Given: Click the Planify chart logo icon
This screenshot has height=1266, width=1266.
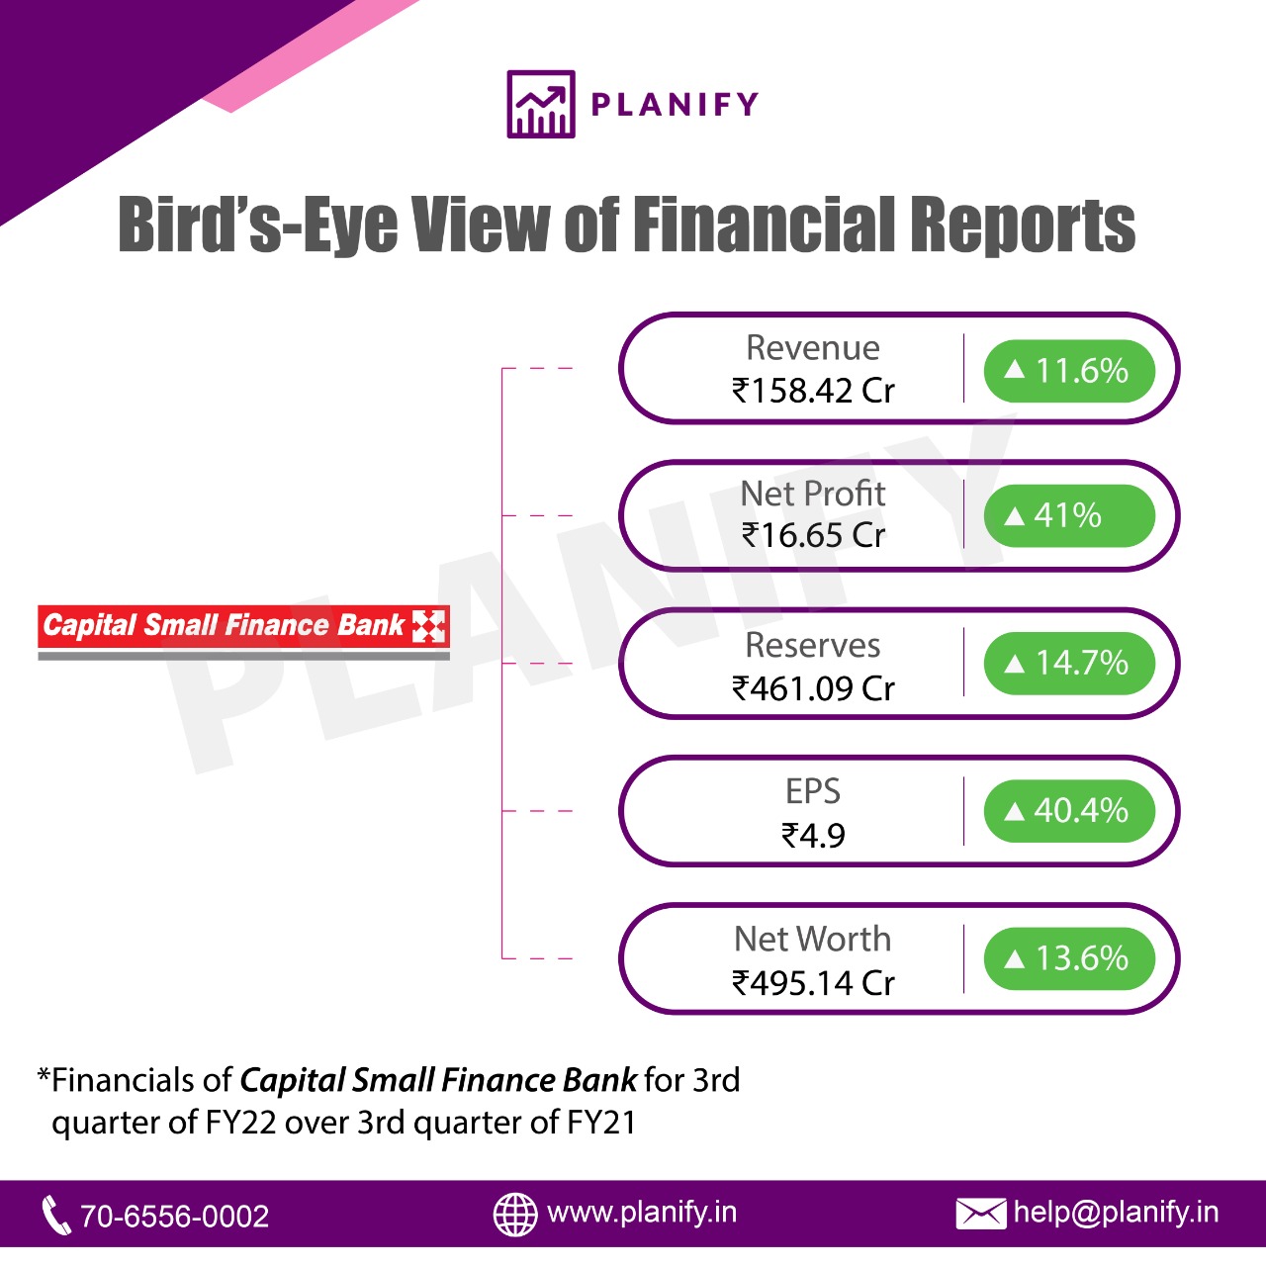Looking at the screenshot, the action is coord(541,104).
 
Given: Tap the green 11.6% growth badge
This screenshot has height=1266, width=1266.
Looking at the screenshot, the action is coord(1069,371).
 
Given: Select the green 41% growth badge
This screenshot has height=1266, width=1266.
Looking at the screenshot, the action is coord(1069,515).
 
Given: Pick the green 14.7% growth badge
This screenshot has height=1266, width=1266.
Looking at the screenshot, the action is coord(1069,663).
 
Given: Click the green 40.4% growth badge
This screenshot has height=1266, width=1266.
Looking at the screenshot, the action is coord(1069,811).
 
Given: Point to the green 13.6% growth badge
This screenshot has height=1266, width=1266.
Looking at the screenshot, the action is coord(1069,957).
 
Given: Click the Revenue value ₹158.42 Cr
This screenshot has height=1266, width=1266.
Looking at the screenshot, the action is coord(813,391).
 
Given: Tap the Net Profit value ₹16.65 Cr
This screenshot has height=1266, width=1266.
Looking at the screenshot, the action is coord(813,535).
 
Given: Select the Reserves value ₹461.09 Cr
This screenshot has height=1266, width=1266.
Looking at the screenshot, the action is coord(813,688).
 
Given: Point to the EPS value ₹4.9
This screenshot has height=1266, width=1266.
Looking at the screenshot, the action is coord(813,836).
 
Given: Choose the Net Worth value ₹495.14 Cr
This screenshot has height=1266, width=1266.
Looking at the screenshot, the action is coord(813,983).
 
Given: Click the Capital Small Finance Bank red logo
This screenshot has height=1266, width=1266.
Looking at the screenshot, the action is coord(243,632).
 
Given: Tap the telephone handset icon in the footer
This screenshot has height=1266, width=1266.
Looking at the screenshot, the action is coord(55,1215).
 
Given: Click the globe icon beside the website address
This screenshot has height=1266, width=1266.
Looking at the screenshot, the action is coord(515,1215).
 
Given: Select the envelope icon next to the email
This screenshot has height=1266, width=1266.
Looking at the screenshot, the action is coord(981,1215).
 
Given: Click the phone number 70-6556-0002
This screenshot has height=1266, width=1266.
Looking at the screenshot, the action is coord(174,1217).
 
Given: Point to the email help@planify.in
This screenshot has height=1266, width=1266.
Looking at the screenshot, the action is coord(1116,1213).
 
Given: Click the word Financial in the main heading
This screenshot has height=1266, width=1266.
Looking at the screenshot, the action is coord(765,225).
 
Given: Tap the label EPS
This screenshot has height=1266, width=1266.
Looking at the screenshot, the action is coord(813,791).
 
